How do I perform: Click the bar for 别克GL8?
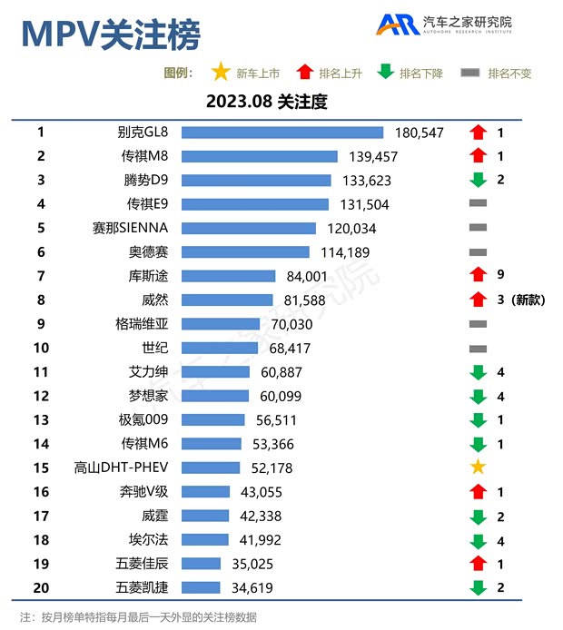coord(282,133)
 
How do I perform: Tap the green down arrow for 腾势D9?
coord(478,180)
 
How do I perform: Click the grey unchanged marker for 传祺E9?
coord(478,204)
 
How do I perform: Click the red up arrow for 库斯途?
coord(478,276)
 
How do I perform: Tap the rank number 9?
coord(41,323)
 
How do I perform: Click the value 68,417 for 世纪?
coord(290,348)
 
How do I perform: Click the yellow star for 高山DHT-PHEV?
coord(478,467)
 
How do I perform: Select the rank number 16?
coord(41,491)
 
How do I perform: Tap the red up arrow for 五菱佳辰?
coord(478,563)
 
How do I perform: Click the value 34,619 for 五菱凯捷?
coord(250,587)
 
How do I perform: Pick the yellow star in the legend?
coord(219,73)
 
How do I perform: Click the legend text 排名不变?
coord(509,74)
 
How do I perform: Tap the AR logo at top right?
coord(398,25)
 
